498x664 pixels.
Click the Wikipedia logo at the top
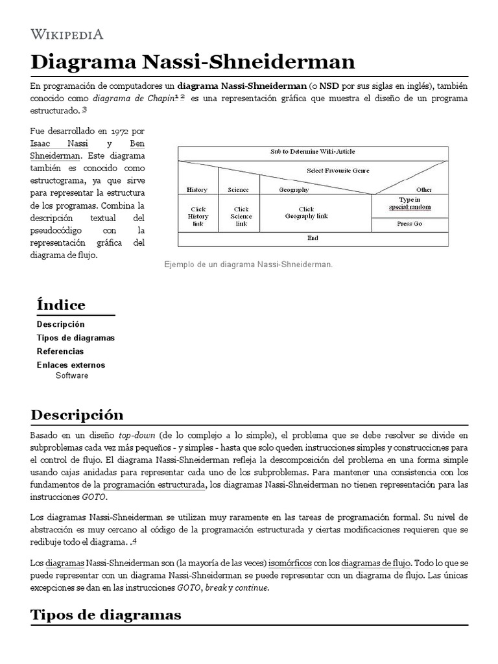tap(67, 34)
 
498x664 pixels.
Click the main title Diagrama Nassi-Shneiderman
tap(193, 62)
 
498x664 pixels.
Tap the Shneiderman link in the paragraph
tap(55, 156)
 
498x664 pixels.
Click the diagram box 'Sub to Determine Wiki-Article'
tap(313, 152)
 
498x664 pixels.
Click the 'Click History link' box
tap(198, 216)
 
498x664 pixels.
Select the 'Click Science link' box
tap(241, 216)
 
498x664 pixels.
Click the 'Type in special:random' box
tap(409, 204)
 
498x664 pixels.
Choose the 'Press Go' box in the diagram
tap(409, 224)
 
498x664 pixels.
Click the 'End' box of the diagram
tap(313, 238)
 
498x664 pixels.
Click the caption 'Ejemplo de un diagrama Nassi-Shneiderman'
tap(248, 265)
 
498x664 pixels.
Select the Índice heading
tap(61, 305)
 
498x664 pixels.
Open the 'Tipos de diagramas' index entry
tap(75, 338)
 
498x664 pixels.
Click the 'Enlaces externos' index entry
tap(71, 365)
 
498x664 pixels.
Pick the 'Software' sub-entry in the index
tap(72, 375)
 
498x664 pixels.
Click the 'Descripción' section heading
tap(77, 414)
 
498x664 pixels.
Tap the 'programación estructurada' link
tap(154, 484)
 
